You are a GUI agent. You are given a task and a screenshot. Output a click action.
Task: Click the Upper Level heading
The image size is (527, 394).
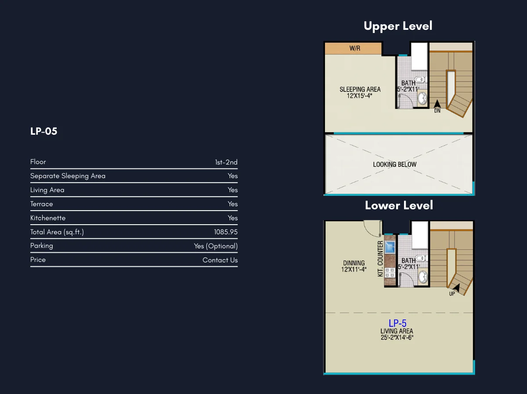click(x=398, y=26)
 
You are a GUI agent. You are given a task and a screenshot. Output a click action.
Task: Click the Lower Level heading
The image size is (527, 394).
click(x=399, y=205)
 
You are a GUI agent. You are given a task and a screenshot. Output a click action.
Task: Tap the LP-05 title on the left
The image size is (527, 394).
click(x=43, y=131)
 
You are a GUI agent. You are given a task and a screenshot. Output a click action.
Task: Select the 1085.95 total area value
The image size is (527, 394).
click(x=226, y=232)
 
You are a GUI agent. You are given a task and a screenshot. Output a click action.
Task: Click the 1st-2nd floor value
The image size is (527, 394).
click(x=226, y=162)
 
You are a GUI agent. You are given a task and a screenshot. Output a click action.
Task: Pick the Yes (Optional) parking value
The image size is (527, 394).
click(x=216, y=246)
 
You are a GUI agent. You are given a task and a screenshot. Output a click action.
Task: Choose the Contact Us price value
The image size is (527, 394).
click(x=220, y=260)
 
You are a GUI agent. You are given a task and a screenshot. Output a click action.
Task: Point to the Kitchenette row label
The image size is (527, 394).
click(x=48, y=218)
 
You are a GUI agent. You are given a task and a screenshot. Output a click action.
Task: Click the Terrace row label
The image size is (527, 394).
click(x=42, y=204)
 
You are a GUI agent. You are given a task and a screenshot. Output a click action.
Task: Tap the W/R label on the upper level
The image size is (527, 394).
click(x=355, y=48)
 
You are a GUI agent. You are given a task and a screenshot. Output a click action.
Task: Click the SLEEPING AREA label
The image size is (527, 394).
click(x=360, y=90)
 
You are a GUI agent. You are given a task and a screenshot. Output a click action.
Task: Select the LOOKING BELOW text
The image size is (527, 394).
click(x=395, y=165)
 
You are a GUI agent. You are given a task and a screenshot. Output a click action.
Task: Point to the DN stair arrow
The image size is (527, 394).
click(x=437, y=104)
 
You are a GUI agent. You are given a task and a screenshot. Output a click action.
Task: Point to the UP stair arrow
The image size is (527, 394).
click(x=456, y=288)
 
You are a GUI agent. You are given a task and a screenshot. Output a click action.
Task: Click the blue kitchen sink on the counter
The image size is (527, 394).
click(x=390, y=247)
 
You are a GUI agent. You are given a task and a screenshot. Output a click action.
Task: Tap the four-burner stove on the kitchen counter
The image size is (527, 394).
click(x=390, y=273)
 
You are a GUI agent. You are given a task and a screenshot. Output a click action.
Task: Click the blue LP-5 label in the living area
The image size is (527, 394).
click(x=397, y=323)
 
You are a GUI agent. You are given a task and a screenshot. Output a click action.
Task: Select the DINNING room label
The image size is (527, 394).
click(x=354, y=263)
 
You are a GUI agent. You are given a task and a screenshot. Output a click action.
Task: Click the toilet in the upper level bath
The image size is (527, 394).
click(x=421, y=79)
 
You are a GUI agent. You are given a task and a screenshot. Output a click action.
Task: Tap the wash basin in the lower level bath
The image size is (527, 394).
click(x=423, y=277)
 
